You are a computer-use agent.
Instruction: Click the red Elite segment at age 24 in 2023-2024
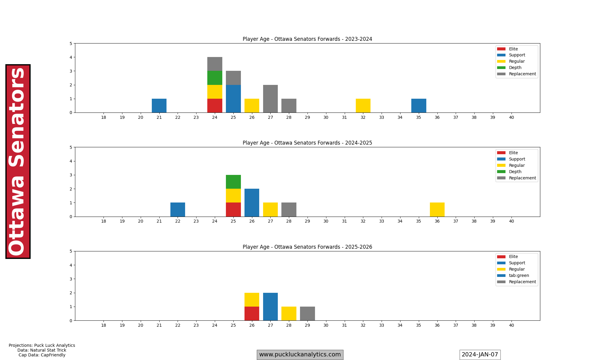pyautogui.click(x=215, y=106)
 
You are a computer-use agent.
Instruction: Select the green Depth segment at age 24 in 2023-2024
pyautogui.click(x=215, y=78)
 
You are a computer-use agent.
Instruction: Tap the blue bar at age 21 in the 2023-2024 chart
pyautogui.click(x=159, y=106)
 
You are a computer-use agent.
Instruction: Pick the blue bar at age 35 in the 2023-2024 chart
pyautogui.click(x=418, y=106)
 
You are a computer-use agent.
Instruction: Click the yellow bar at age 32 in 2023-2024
pyautogui.click(x=363, y=106)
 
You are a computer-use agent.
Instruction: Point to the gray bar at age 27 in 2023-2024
pyautogui.click(x=270, y=99)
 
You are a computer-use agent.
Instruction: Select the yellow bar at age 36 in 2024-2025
pyautogui.click(x=437, y=210)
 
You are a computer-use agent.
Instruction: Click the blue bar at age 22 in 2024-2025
pyautogui.click(x=178, y=210)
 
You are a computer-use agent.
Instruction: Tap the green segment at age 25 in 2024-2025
pyautogui.click(x=233, y=182)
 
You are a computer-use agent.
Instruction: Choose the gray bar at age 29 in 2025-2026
pyautogui.click(x=307, y=313)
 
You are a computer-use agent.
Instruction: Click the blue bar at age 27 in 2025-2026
pyautogui.click(x=270, y=307)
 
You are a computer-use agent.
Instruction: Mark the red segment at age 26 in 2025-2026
pyautogui.click(x=252, y=313)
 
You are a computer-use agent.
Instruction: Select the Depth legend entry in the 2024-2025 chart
pyautogui.click(x=515, y=172)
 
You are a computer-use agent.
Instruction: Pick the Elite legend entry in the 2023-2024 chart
pyautogui.click(x=513, y=49)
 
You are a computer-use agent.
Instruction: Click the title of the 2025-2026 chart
pyautogui.click(x=307, y=247)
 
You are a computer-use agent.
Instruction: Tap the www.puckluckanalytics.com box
pyautogui.click(x=300, y=355)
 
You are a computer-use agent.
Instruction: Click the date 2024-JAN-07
pyautogui.click(x=480, y=355)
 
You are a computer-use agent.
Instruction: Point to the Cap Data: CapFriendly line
pyautogui.click(x=42, y=355)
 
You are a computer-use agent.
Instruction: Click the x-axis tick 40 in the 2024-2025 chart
pyautogui.click(x=511, y=221)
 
